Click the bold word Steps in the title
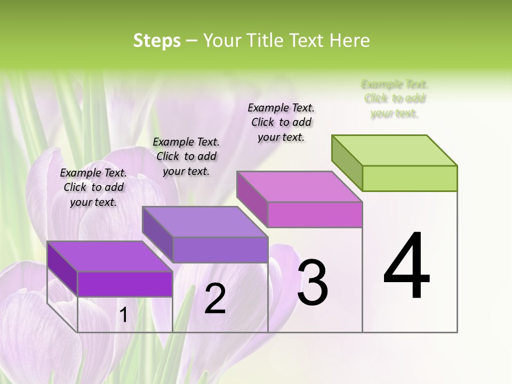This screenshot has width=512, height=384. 157,41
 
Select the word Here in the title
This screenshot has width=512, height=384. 350,41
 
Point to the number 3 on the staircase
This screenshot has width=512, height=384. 312,282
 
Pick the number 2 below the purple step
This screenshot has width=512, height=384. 215,299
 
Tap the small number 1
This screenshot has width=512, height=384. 123,315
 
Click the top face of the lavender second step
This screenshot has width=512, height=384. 205,222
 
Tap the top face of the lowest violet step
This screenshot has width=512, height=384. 110,257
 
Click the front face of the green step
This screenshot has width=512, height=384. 410,178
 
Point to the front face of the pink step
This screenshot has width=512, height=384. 315,214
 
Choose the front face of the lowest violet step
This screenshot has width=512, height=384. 125,284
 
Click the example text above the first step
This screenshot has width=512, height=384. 93,187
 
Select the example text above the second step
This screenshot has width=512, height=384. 186,156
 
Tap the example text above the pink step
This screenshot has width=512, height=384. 281,122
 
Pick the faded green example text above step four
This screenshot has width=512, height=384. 395,99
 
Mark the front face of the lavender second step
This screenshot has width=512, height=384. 220,250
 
